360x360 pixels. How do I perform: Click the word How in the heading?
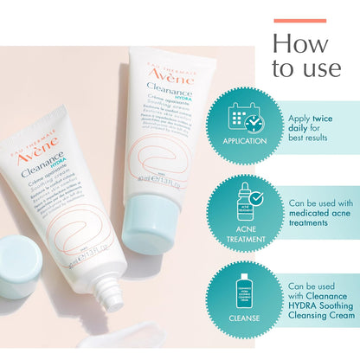click(x=300, y=43)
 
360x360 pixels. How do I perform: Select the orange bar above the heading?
click(x=299, y=20)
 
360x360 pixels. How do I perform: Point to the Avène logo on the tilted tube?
click(x=43, y=133)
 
